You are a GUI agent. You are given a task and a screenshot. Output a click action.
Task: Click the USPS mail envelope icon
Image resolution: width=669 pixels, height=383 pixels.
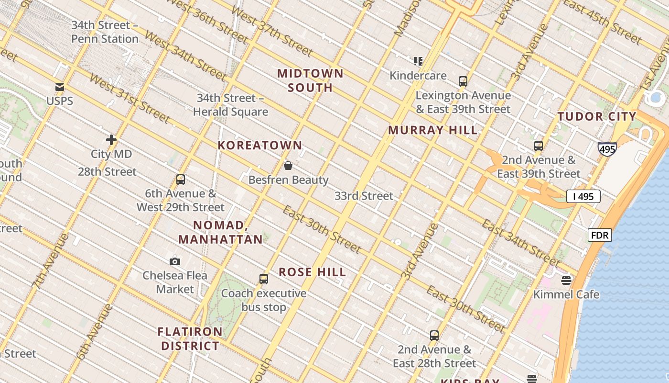60,87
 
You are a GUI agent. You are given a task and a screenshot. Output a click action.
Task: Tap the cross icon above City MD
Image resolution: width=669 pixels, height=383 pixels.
111,140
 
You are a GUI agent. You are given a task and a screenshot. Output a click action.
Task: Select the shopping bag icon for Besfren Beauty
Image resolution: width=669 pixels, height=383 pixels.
288,166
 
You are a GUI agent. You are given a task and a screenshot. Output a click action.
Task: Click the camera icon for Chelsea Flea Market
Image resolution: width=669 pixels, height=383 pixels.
175,261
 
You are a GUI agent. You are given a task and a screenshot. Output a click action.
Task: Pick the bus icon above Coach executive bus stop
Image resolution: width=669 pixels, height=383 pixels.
263,279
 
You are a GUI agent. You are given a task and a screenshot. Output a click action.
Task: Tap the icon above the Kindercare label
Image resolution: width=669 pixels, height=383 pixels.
418,61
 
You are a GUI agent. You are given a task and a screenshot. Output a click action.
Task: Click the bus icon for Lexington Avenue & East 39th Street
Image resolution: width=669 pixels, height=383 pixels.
463,81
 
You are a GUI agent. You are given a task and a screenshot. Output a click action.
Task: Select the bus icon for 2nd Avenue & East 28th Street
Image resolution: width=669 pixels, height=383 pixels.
434,336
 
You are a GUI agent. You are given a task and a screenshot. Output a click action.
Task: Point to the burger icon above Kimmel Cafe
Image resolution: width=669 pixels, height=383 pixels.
566,280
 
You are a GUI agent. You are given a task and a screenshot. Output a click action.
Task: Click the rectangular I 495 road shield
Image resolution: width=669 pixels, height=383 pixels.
583,196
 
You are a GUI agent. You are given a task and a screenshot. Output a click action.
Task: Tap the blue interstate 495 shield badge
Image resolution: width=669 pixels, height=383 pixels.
607,149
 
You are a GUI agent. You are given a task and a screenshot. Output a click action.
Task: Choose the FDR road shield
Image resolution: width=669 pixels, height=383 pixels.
599,235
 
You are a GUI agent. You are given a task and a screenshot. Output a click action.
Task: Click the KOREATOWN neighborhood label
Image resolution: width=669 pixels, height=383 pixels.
260,145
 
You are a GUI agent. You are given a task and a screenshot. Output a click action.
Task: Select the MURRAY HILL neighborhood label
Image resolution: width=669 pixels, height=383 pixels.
432,130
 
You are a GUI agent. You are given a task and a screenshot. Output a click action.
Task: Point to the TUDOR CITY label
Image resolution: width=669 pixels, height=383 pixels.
597,116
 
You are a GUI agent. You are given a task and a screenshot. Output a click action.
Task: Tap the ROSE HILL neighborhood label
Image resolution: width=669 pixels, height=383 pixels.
313,272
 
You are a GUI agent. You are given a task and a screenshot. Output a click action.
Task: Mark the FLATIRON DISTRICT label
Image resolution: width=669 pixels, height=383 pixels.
190,338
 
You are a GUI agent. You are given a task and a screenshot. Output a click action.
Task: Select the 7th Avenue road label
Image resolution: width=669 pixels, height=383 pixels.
50,261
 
